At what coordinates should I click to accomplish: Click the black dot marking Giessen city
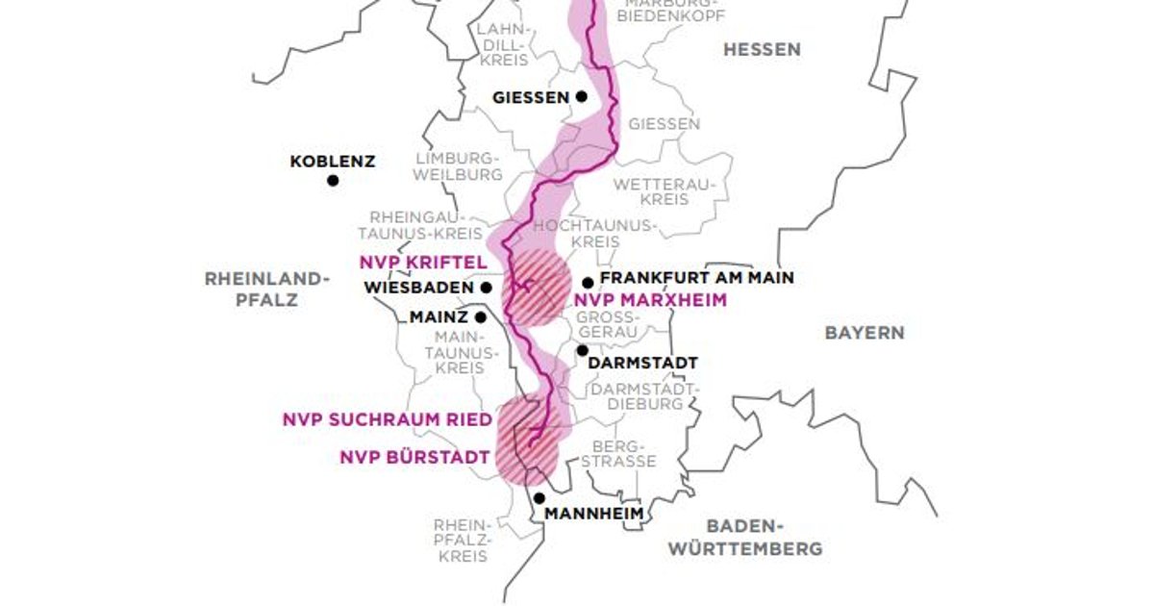pos(582,96)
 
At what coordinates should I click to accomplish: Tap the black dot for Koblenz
pos(333,180)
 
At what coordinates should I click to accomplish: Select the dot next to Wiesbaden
pos(487,287)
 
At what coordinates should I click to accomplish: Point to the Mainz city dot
pos(479,316)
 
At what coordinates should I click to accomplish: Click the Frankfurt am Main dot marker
pos(588,283)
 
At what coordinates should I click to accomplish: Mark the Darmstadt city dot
pos(582,350)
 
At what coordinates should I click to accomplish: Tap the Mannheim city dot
pos(539,498)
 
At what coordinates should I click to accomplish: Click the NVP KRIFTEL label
pos(423,262)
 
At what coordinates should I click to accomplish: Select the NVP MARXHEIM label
pos(650,300)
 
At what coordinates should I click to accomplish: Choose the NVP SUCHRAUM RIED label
pos(387,419)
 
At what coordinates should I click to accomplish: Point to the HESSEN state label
pos(762,49)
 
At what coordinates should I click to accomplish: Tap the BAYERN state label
pos(865,333)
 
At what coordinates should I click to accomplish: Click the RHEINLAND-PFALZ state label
pos(266,289)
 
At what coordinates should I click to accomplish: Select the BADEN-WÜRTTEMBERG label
pos(746,538)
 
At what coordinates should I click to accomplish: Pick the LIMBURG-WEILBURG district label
pos(458,166)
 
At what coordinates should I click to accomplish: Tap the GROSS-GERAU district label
pos(606,323)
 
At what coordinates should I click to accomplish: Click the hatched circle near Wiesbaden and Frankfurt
pos(537,289)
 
